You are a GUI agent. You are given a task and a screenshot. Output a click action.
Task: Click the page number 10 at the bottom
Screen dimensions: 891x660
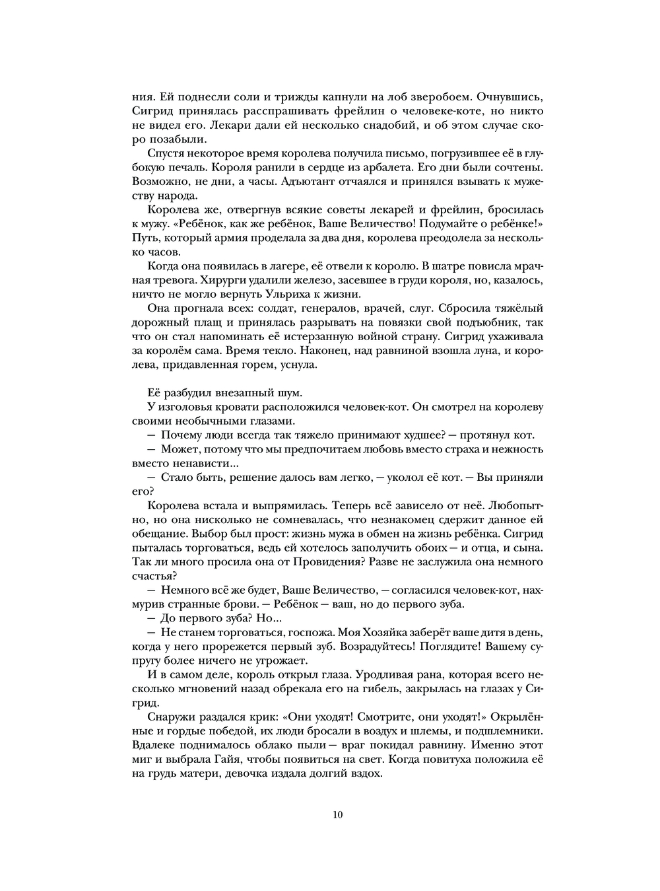pos(338,814)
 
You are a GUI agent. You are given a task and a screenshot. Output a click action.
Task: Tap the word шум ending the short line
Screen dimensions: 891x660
pos(292,393)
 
